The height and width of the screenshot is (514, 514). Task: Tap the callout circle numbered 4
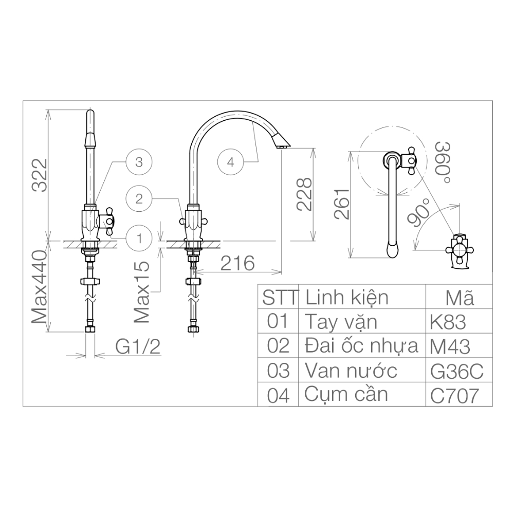tap(230, 162)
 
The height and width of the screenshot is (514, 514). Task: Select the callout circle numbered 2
tap(139, 198)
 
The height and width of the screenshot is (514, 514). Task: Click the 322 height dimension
tap(40, 175)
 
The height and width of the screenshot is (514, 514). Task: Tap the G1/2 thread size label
tap(138, 347)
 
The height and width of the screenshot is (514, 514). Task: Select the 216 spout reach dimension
tap(237, 263)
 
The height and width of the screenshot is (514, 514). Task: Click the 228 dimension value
tap(305, 194)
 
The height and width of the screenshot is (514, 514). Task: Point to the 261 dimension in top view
tap(342, 204)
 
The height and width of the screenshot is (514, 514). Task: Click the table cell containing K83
tap(448, 322)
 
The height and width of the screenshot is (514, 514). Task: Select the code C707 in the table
tap(454, 396)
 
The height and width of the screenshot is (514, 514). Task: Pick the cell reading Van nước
tap(351, 371)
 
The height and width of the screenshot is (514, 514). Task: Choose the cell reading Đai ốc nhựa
tap(361, 346)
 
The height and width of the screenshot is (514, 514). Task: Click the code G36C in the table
tap(456, 371)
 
